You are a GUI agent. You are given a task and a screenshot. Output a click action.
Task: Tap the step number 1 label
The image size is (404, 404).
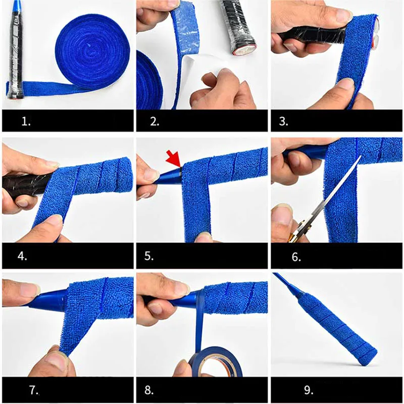click(26, 121)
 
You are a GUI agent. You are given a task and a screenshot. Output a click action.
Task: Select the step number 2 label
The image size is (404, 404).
click(155, 121)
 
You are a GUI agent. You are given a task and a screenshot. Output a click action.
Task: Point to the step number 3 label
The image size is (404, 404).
click(283, 121)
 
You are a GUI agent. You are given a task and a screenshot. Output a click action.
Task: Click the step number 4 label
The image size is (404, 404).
click(22, 256)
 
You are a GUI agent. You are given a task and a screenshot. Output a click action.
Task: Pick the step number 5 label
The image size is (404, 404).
click(149, 256)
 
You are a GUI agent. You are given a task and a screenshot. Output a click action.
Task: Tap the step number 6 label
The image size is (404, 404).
click(296, 257)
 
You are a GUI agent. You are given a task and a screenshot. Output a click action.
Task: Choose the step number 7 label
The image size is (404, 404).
click(34, 390)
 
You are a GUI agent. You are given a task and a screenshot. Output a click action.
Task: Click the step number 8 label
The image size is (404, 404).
click(149, 390)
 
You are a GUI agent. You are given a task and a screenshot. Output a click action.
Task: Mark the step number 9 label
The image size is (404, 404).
click(309, 390)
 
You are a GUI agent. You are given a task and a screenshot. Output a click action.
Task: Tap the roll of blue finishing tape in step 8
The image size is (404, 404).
click(216, 362)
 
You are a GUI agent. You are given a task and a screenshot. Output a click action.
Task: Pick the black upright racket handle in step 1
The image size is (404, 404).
click(16, 52)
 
